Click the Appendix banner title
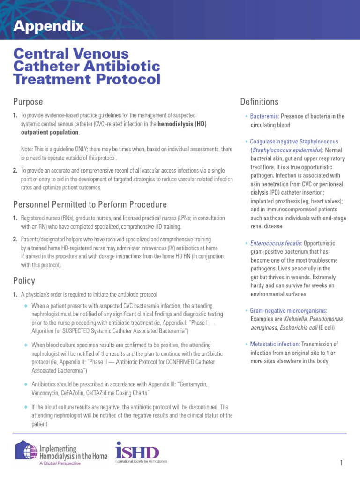click(49, 26)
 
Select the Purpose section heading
click(28, 102)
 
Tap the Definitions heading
click(259, 102)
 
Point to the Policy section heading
click(24, 281)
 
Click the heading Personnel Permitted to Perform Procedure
click(90, 204)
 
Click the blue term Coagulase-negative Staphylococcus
click(294, 141)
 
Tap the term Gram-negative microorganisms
click(288, 311)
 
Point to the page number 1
click(342, 464)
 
